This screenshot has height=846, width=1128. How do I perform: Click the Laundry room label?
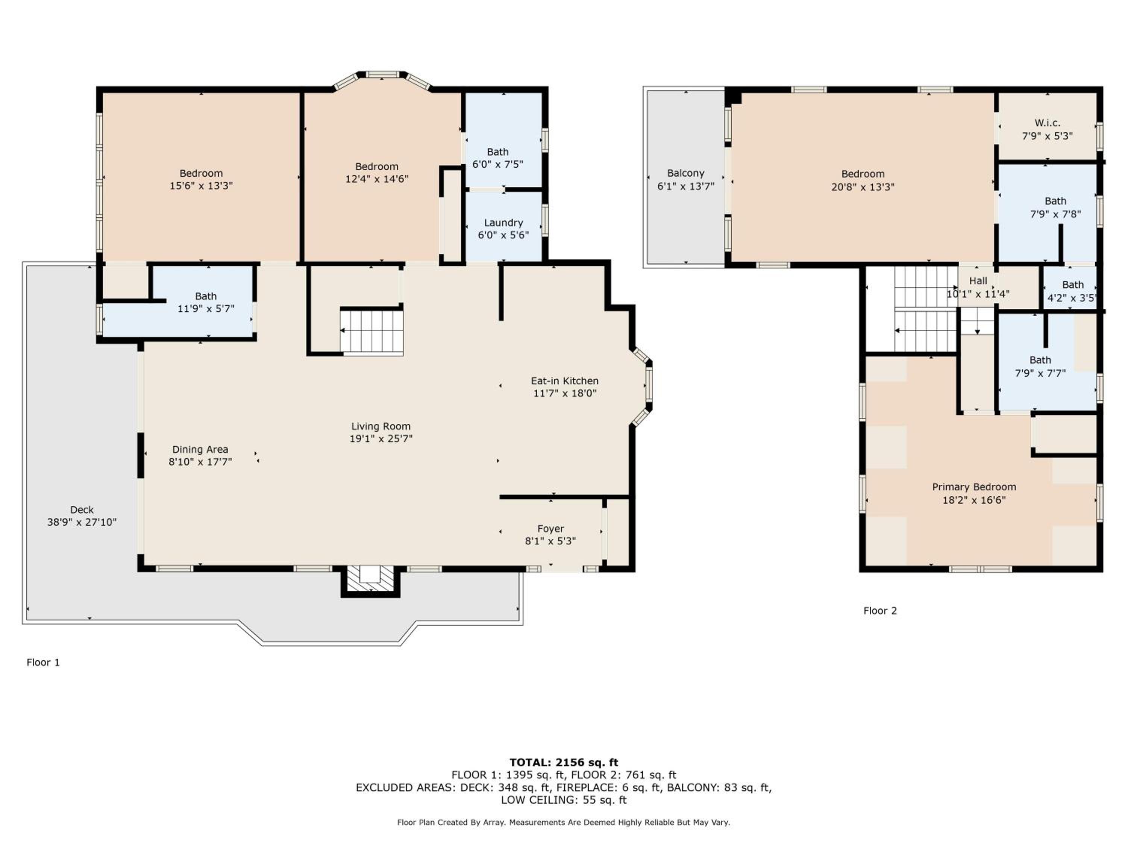tap(503, 223)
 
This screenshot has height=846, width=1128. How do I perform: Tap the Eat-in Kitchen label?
tap(564, 381)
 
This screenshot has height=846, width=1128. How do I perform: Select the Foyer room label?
tap(551, 529)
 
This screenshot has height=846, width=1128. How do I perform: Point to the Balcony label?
tap(685, 173)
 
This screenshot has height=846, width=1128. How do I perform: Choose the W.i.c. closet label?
tap(1048, 123)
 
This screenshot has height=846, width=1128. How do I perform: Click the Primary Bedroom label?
tap(974, 487)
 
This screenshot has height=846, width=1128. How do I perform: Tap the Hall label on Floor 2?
tap(978, 280)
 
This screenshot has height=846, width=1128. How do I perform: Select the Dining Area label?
tap(200, 449)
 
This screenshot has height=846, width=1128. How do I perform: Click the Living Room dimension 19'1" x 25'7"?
tap(381, 438)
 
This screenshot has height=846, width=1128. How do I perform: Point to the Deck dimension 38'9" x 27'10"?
tap(82, 522)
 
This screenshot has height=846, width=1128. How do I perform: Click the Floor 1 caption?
tap(43, 663)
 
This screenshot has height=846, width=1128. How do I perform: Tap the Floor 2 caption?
tap(880, 611)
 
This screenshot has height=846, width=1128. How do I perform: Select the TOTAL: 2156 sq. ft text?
tap(564, 763)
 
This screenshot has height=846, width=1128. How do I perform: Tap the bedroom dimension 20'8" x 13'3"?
tap(863, 187)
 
